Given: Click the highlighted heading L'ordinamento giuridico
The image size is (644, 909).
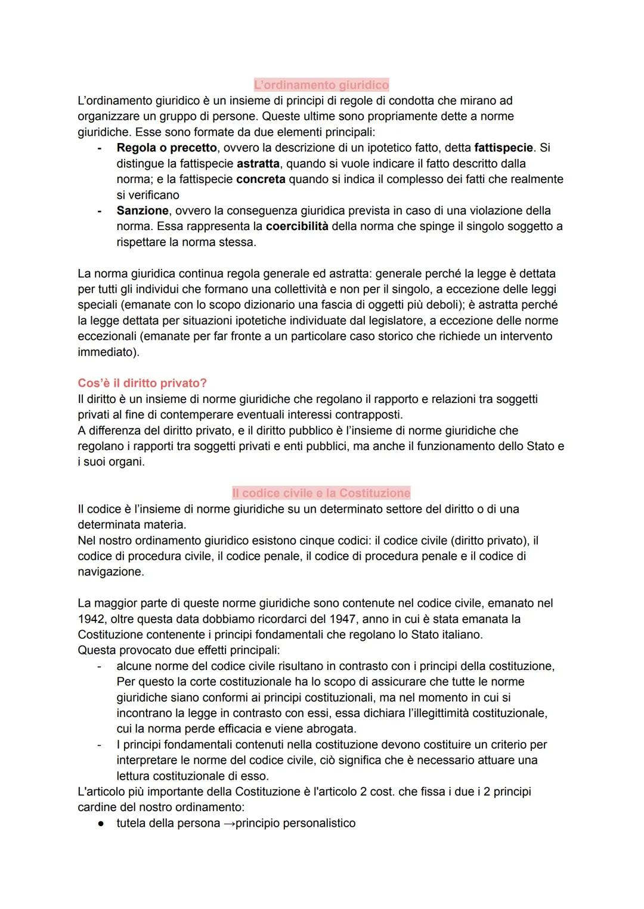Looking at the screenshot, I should point(321,85).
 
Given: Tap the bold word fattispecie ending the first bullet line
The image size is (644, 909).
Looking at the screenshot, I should point(503,147).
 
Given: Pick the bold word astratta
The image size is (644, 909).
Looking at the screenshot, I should point(258,163).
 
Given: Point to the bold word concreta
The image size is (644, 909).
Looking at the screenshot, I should point(261,179).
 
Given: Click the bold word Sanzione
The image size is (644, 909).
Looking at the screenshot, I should point(143,210).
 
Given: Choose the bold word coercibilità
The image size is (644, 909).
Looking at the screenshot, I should point(297,226).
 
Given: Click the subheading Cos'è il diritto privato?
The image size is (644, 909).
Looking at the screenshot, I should point(143,383).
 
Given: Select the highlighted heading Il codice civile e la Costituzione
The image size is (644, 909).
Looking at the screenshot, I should point(321,493).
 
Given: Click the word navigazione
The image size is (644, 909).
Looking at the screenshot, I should point(110,572).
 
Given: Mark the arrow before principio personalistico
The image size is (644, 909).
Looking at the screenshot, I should point(230,823).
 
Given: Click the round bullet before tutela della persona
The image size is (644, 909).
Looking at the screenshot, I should point(102,823).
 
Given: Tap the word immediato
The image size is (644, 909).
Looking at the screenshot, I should point(107,352).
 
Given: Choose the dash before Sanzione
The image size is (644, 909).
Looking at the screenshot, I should point(100,210).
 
